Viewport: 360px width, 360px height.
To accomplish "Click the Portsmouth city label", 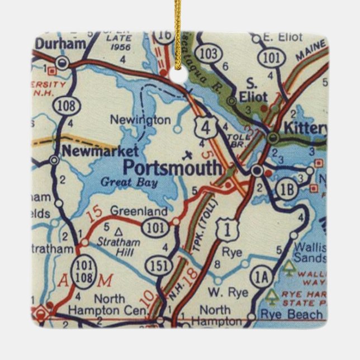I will point(172,167).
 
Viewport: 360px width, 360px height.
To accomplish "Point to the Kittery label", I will point(304,127).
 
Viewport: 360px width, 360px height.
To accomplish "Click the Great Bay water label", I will point(129,182).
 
